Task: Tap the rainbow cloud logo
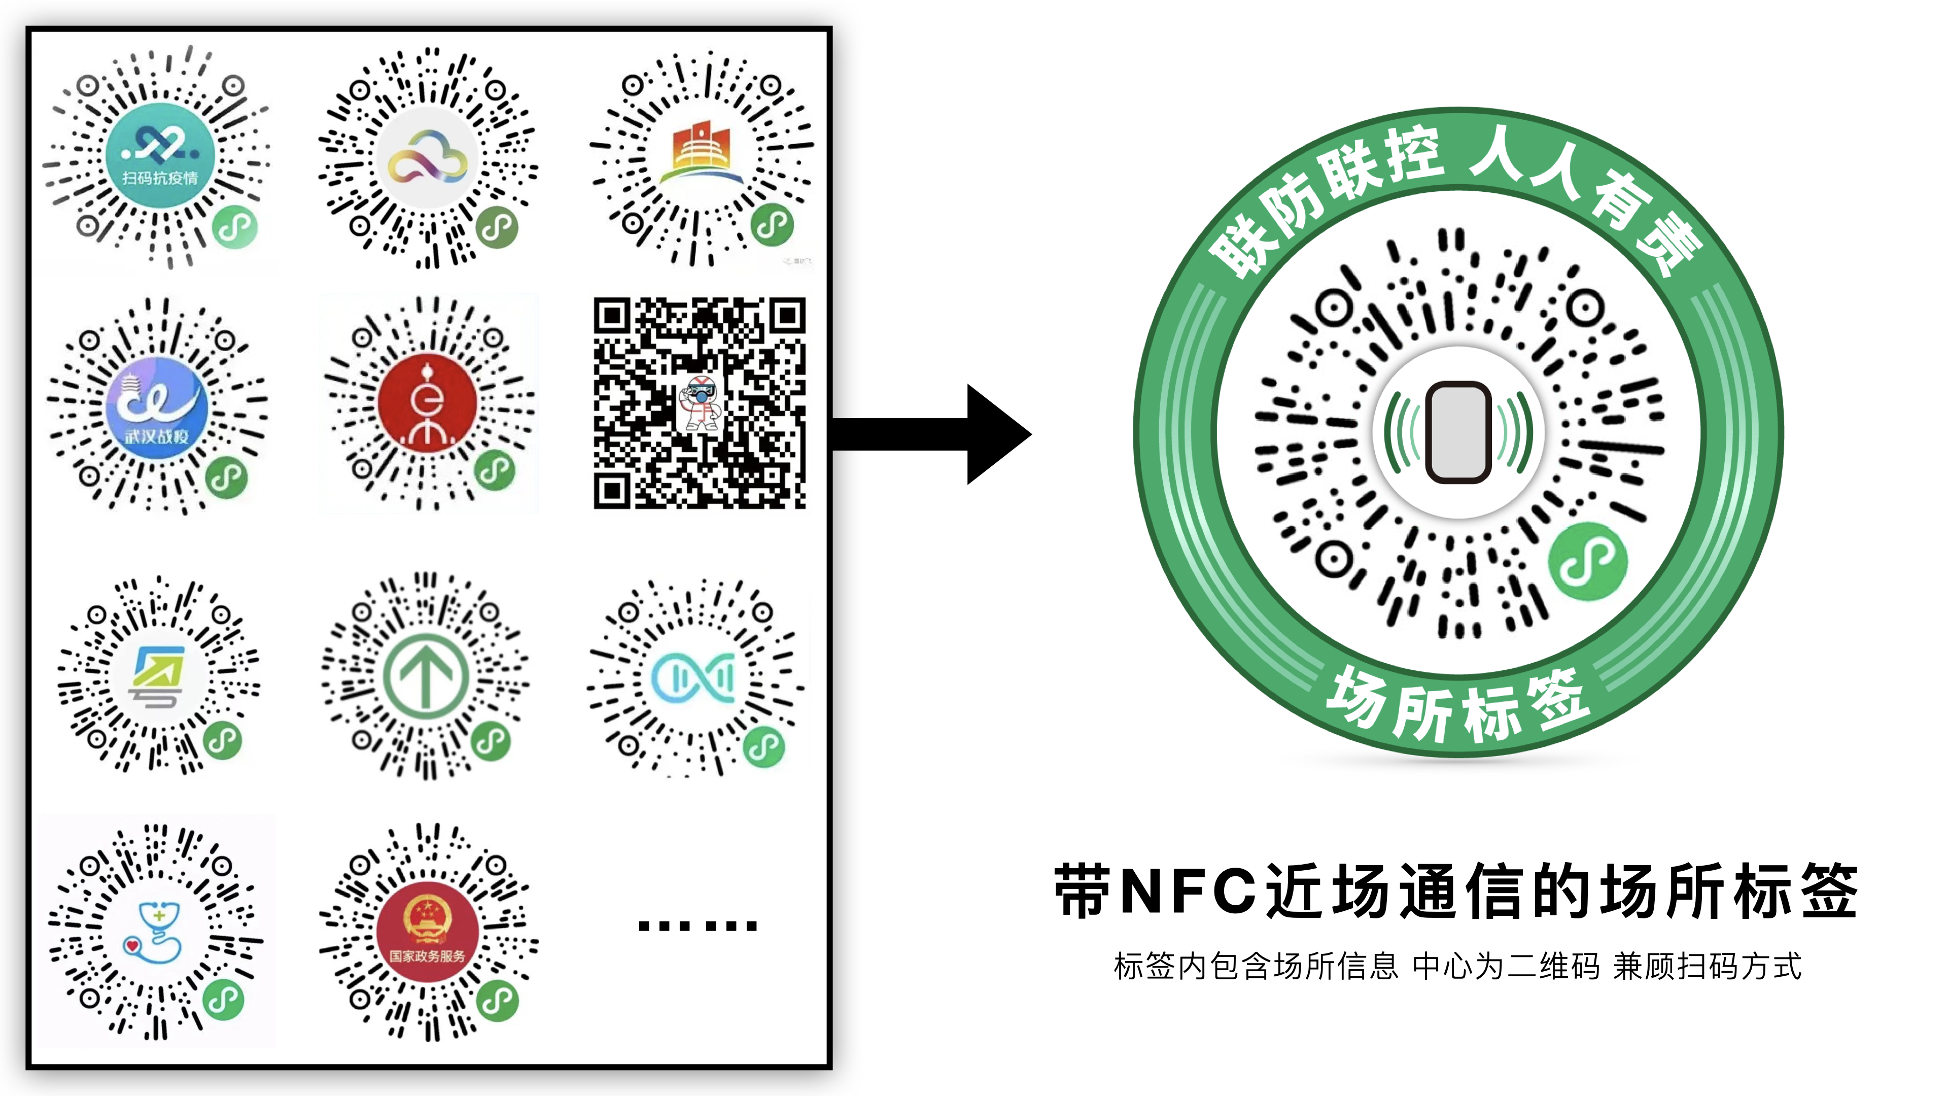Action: (427, 159)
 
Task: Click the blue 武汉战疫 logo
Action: (157, 408)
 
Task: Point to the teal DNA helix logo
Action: (693, 677)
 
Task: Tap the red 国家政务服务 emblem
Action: (427, 934)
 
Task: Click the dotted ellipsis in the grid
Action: (697, 925)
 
